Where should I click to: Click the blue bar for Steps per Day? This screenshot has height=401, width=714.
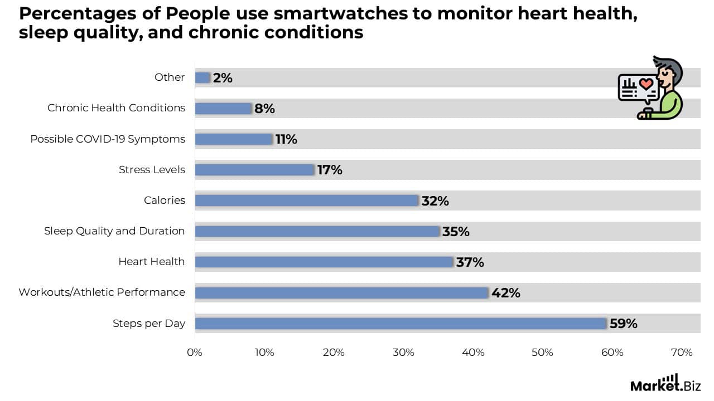click(x=401, y=324)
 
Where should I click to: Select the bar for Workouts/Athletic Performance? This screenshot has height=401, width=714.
click(x=341, y=292)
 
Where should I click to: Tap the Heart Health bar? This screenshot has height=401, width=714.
click(x=324, y=262)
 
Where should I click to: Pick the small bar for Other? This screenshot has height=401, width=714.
click(x=202, y=77)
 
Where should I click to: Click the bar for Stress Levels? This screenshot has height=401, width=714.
click(x=255, y=169)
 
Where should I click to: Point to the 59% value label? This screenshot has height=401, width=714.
click(x=623, y=324)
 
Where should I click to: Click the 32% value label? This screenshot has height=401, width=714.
click(x=435, y=200)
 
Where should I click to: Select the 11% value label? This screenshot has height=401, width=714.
click(x=286, y=139)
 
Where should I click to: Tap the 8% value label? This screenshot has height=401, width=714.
click(x=264, y=109)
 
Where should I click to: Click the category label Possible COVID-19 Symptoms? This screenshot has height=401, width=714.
click(x=108, y=139)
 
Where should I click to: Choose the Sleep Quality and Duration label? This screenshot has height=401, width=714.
click(x=114, y=231)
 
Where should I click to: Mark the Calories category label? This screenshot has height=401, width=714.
click(x=165, y=200)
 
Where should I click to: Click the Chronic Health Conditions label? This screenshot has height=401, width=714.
click(x=116, y=108)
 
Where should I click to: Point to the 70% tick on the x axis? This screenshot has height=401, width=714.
click(x=681, y=353)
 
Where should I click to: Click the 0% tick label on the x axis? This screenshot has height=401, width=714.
click(x=195, y=353)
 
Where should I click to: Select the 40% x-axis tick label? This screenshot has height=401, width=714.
click(x=472, y=353)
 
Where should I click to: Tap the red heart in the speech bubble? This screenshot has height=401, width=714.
click(x=645, y=84)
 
